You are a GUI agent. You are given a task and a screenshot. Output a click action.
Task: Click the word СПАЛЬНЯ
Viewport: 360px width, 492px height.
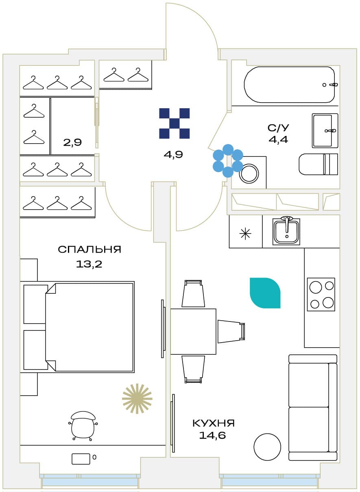point(89,249)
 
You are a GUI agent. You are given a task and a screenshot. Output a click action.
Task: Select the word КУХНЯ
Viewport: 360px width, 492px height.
point(214,423)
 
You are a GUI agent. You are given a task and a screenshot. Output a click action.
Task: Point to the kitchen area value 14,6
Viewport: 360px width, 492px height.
point(212,435)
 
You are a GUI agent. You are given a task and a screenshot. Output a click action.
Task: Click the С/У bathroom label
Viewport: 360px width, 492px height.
point(278,128)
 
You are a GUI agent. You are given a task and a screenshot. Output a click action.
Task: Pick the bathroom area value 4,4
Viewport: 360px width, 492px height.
point(278,139)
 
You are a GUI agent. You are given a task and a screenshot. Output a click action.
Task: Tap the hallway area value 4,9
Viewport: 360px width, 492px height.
point(173,155)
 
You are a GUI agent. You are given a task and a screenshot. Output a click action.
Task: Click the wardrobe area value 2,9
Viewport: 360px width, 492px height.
point(72,142)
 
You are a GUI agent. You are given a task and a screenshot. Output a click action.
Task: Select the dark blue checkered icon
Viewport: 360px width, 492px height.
point(174,123)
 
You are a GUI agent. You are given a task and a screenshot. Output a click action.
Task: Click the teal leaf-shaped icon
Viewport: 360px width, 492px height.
point(265,293)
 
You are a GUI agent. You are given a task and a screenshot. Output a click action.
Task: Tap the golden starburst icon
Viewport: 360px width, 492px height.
point(137,399)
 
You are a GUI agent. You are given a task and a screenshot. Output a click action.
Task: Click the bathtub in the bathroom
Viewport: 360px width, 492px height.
point(290,85)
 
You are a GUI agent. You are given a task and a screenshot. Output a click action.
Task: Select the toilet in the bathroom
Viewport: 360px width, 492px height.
point(318,164)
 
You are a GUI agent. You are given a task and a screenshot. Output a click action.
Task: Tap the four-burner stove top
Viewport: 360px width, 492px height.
point(321,294)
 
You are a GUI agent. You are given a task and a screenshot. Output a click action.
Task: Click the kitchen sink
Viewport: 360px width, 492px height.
point(286,231)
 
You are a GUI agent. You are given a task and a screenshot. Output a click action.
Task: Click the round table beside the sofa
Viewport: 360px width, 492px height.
point(267,447)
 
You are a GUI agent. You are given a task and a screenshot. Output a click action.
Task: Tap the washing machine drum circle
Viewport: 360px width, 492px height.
point(249,173)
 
